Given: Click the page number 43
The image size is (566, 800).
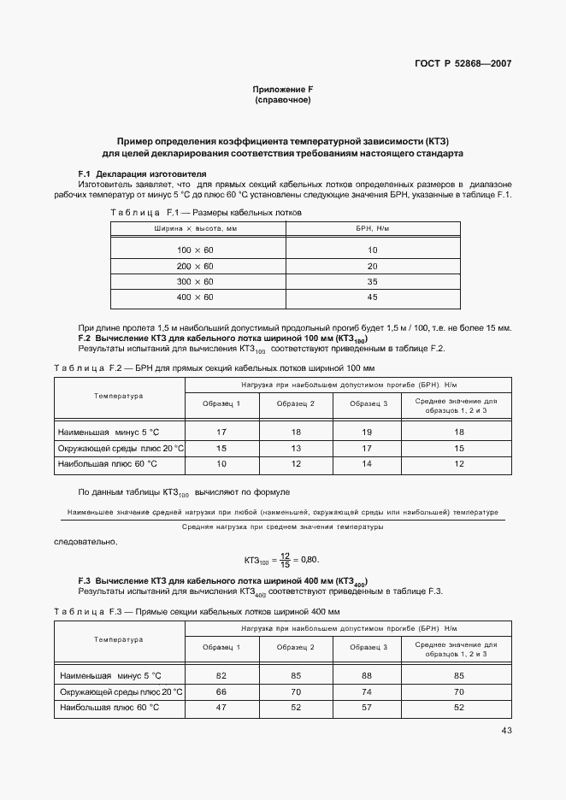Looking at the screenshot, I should click(x=506, y=730).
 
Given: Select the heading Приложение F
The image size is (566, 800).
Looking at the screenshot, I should click(x=282, y=90).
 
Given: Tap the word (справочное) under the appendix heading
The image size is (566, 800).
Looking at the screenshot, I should click(x=282, y=100).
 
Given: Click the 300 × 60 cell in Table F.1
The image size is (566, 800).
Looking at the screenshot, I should click(x=195, y=281).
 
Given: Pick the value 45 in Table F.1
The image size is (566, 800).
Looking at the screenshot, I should click(x=372, y=297).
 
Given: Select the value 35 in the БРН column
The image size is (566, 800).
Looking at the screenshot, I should click(x=372, y=281).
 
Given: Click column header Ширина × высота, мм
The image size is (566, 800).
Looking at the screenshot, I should click(x=195, y=229).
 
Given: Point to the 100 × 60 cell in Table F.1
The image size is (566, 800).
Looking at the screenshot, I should click(x=195, y=250).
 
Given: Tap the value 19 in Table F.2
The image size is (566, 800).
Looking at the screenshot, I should click(x=368, y=432).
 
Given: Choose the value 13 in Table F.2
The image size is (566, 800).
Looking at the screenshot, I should click(x=296, y=448).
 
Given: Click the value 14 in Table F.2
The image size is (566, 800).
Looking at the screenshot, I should click(x=368, y=463).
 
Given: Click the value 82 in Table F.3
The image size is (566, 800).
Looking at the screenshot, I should click(x=221, y=676).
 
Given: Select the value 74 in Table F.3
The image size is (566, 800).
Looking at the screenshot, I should click(x=368, y=691).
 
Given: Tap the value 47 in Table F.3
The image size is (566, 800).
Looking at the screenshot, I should click(x=221, y=708).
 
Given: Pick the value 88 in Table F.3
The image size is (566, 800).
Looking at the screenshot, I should click(x=368, y=676).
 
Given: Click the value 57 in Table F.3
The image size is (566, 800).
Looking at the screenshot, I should click(x=368, y=708).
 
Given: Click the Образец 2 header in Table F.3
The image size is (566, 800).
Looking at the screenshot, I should click(x=296, y=648).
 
